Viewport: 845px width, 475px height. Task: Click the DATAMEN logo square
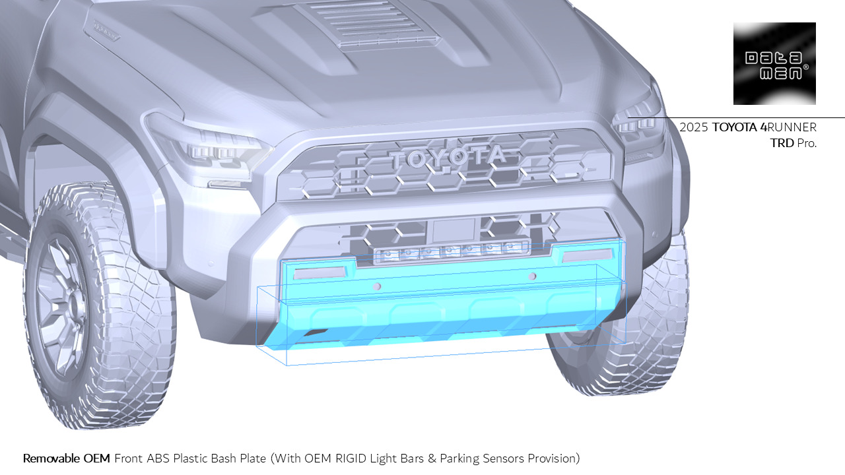[774, 63]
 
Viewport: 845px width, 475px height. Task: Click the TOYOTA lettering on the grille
[448, 157]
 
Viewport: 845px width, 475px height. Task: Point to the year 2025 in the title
[694, 127]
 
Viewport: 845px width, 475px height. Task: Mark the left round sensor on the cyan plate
[377, 286]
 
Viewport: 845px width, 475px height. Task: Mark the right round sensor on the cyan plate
[533, 276]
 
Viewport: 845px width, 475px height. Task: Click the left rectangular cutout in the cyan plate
[321, 272]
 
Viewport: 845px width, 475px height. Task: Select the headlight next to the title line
[637, 125]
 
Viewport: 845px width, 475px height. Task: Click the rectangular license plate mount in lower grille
[453, 230]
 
